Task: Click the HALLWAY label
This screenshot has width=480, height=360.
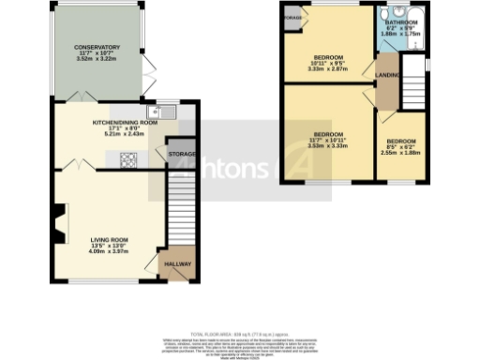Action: tap(177, 264)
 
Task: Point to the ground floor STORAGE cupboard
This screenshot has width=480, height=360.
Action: tap(180, 153)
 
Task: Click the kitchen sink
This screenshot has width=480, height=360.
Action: tap(167, 112)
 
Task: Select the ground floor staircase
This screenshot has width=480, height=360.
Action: tap(180, 211)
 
